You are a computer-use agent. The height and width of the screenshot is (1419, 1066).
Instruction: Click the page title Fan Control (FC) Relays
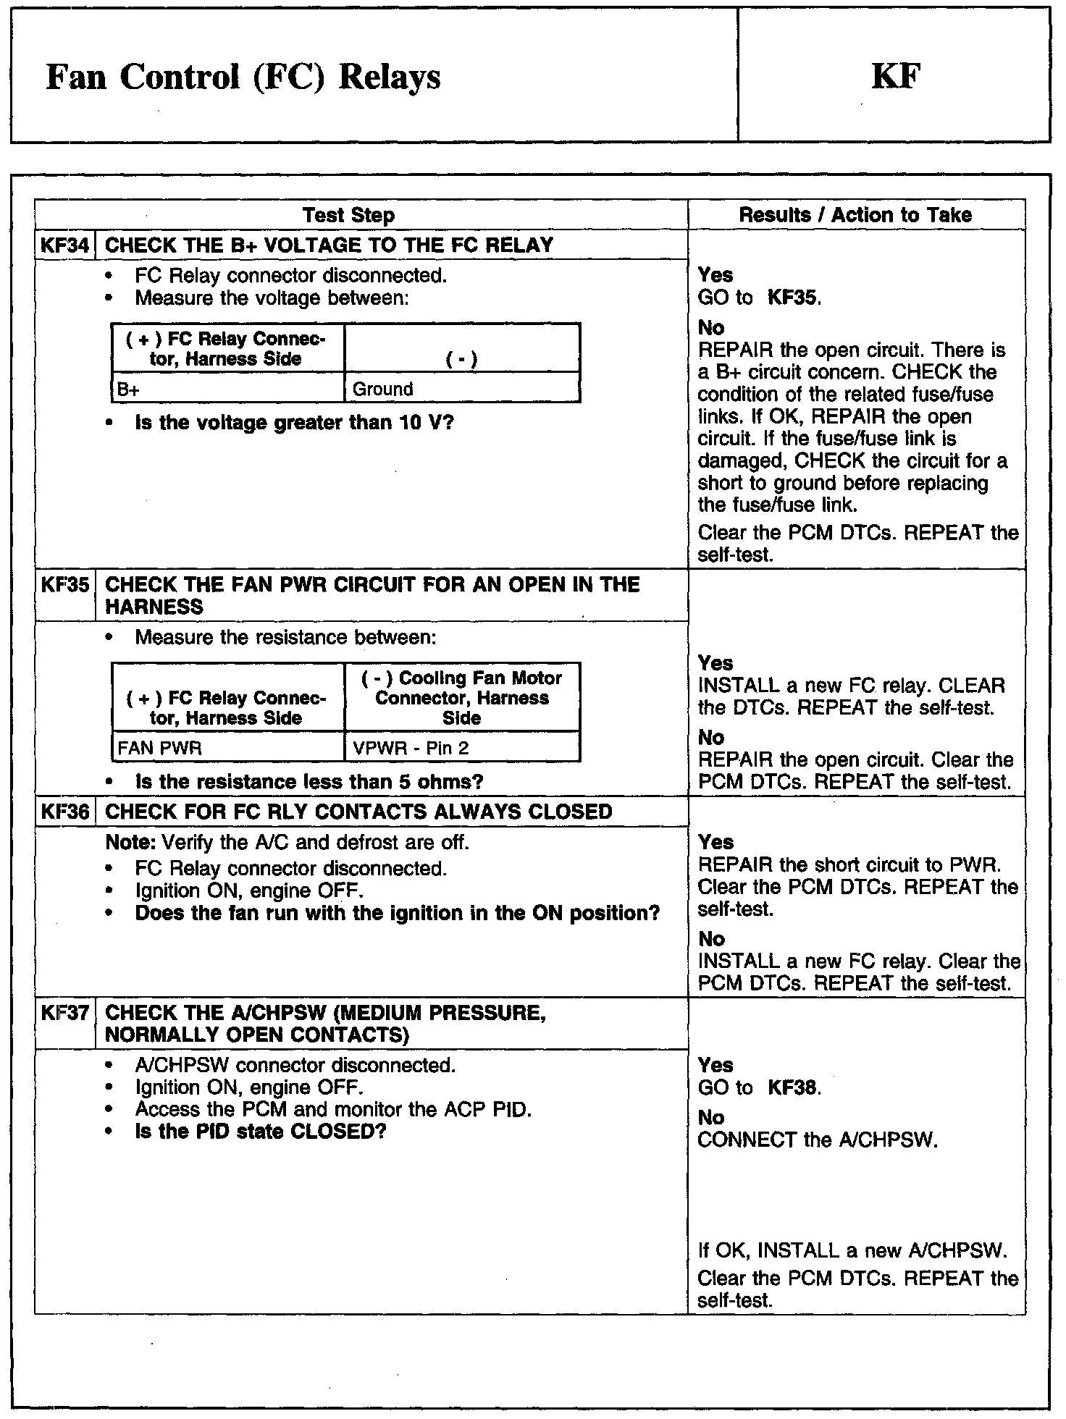[x=243, y=77]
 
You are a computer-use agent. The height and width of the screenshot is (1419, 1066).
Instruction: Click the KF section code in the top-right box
[x=896, y=76]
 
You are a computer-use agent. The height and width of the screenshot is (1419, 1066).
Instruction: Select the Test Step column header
[x=348, y=215]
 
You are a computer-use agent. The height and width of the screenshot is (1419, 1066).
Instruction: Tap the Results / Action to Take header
[x=855, y=215]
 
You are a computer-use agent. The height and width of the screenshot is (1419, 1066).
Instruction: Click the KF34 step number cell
[x=65, y=245]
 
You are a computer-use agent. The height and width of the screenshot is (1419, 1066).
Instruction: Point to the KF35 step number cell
[x=65, y=584]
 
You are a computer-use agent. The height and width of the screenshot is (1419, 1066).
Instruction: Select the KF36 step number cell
[x=65, y=812]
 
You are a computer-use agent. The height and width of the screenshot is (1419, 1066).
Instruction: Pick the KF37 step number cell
[x=65, y=1013]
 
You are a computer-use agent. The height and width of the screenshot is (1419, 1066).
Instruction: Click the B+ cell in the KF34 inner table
[x=228, y=389]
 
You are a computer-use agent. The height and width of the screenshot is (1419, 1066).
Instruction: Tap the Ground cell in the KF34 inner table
[x=462, y=389]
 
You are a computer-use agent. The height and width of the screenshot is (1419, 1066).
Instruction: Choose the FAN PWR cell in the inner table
[x=228, y=748]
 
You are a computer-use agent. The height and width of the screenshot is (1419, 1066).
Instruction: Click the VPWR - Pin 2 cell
[x=462, y=748]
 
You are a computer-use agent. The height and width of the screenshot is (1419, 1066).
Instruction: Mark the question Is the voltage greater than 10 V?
[x=294, y=423]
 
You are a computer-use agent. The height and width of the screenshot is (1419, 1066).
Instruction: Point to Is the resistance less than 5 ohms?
[x=309, y=782]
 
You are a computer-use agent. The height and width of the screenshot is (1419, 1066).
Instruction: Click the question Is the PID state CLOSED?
[x=261, y=1132]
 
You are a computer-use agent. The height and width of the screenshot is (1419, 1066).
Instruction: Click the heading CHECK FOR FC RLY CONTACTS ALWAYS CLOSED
[x=358, y=812]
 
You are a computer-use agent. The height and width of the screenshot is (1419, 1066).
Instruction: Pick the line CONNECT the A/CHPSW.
[x=818, y=1140]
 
